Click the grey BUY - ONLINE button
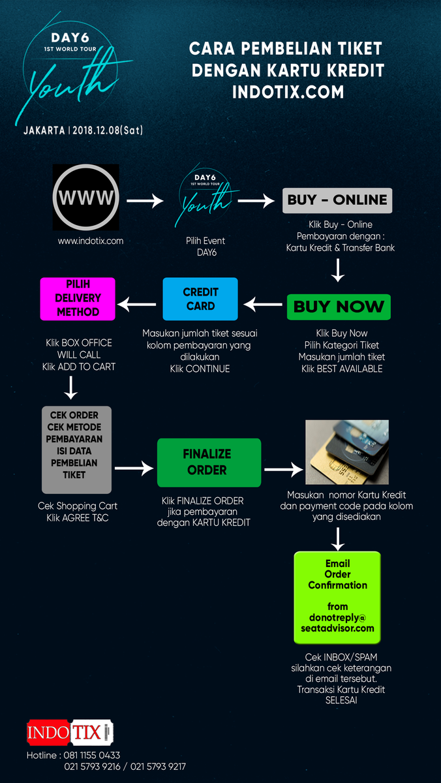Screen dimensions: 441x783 tap(337, 200)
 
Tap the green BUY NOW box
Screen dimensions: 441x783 tap(339, 307)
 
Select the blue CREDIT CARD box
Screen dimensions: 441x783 tap(200, 299)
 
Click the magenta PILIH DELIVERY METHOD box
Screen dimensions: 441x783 tap(78, 299)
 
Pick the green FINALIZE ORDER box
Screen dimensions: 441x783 tap(209, 463)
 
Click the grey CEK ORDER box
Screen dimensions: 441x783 tap(76, 450)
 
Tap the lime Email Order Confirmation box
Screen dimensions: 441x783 tap(337, 598)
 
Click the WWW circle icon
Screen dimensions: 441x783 tap(86, 197)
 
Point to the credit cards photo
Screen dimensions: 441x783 tap(347, 452)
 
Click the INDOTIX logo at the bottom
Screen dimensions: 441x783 tap(70, 732)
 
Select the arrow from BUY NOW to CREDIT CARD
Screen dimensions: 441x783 tap(263, 305)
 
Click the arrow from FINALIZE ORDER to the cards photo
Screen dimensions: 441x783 tap(283, 469)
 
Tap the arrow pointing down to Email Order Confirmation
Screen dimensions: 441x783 tap(337, 539)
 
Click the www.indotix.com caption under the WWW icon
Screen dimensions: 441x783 tap(91, 241)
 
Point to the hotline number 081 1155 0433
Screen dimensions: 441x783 tap(91, 756)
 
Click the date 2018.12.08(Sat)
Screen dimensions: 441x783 tap(108, 130)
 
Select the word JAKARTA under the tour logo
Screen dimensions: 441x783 tap(44, 130)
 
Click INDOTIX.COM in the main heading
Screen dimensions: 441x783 tap(288, 92)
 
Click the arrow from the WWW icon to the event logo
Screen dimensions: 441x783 tap(145, 201)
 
